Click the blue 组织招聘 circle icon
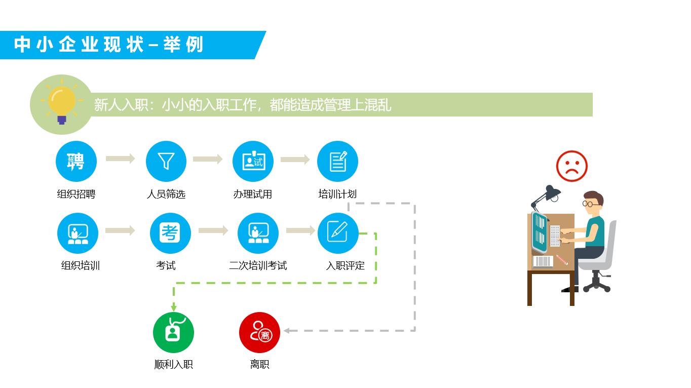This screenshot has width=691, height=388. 76,161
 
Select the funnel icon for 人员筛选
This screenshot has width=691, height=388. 166,161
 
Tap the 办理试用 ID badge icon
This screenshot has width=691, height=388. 253,161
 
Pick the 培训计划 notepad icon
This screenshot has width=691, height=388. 337,161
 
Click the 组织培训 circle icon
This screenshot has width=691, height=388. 78,233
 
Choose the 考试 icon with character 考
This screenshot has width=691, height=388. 170,233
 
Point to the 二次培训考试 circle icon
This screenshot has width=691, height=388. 258,233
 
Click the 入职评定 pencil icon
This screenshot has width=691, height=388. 338,233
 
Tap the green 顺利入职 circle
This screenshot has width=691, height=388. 173,332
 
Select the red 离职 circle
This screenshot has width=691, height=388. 259,332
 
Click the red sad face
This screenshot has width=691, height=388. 571,166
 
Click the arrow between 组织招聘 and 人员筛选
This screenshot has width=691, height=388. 120,159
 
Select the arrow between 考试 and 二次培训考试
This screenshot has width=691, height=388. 213,230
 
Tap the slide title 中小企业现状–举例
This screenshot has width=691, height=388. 108,45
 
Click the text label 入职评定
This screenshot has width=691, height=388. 345,265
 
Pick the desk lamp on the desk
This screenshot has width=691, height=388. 546,196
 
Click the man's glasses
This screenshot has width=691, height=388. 588,204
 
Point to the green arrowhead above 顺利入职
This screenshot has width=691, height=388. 174,308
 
